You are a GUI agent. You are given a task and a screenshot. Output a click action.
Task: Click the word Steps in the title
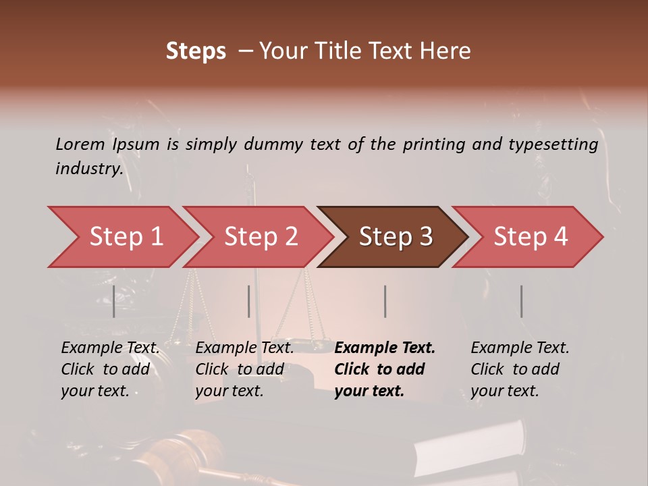pos(196,51)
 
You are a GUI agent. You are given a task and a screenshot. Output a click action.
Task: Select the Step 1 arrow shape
pos(122,237)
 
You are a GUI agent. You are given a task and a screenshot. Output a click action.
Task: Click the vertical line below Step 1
pos(114,301)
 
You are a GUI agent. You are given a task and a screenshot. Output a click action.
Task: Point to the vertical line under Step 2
pos(249,301)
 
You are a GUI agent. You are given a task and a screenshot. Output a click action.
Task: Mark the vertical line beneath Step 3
pos(385,301)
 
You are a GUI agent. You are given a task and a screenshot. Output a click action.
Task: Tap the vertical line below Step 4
pos(521,301)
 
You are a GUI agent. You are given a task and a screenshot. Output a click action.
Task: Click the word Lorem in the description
pos(80,144)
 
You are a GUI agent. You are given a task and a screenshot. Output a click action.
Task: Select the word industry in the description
pos(88,169)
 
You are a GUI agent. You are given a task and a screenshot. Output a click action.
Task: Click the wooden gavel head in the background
pos(182,449)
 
